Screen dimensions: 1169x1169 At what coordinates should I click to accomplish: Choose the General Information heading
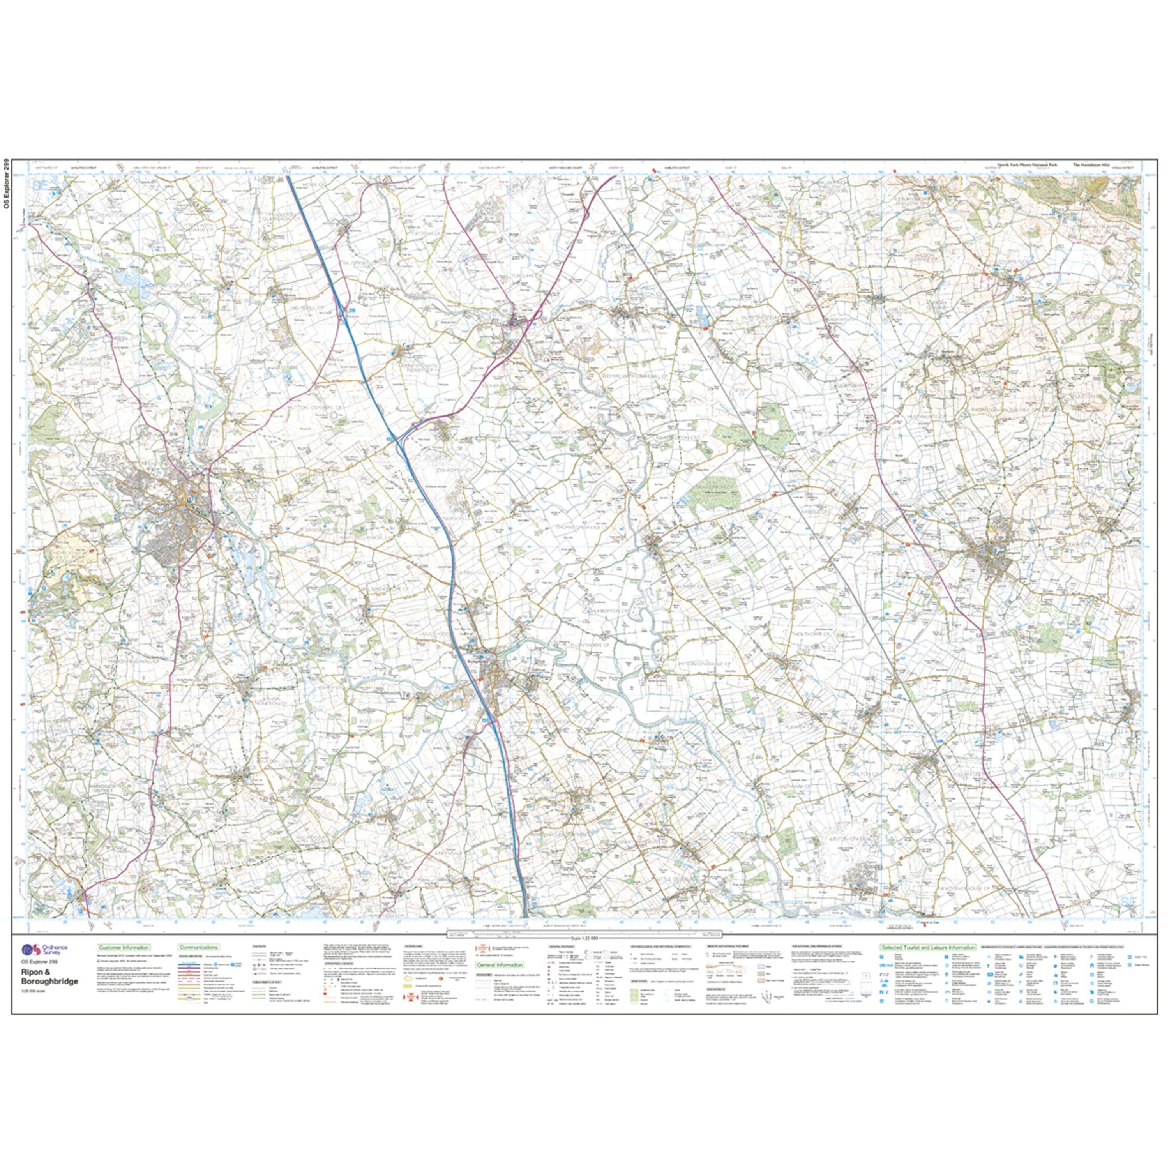[499, 965]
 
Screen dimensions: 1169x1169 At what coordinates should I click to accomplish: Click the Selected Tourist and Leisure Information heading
[927, 947]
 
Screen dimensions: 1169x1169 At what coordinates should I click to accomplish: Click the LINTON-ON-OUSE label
[852, 838]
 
